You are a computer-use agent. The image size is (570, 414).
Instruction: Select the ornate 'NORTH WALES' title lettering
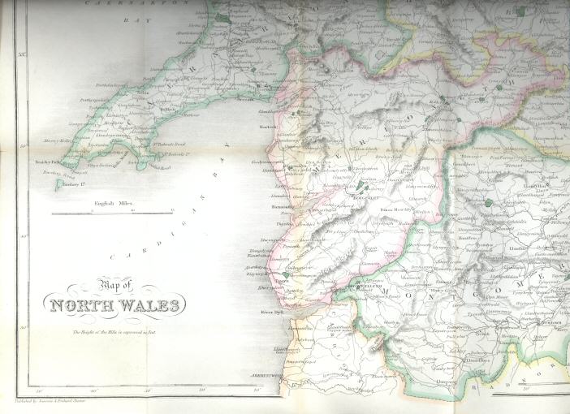tap(116, 306)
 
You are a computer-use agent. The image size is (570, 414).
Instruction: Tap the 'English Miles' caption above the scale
tap(113, 203)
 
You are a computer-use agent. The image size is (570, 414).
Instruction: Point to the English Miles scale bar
tap(113, 213)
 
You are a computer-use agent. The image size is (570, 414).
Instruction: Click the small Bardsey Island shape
tap(58, 186)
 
